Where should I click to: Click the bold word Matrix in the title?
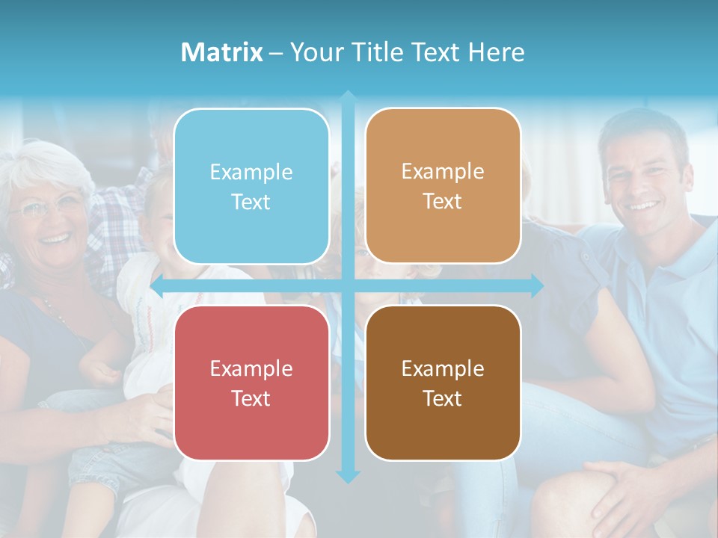[221, 52]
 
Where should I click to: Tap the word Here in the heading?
[496, 52]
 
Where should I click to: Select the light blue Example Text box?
[251, 186]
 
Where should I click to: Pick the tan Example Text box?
[443, 186]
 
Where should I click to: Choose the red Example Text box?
[251, 383]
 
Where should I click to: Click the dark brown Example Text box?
[443, 383]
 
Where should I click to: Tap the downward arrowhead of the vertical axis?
[348, 476]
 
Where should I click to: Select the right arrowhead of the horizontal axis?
[536, 285]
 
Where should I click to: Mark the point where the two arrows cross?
[348, 285]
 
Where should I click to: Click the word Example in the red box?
[251, 368]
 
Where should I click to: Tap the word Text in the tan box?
[443, 202]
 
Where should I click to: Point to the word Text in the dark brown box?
[443, 398]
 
